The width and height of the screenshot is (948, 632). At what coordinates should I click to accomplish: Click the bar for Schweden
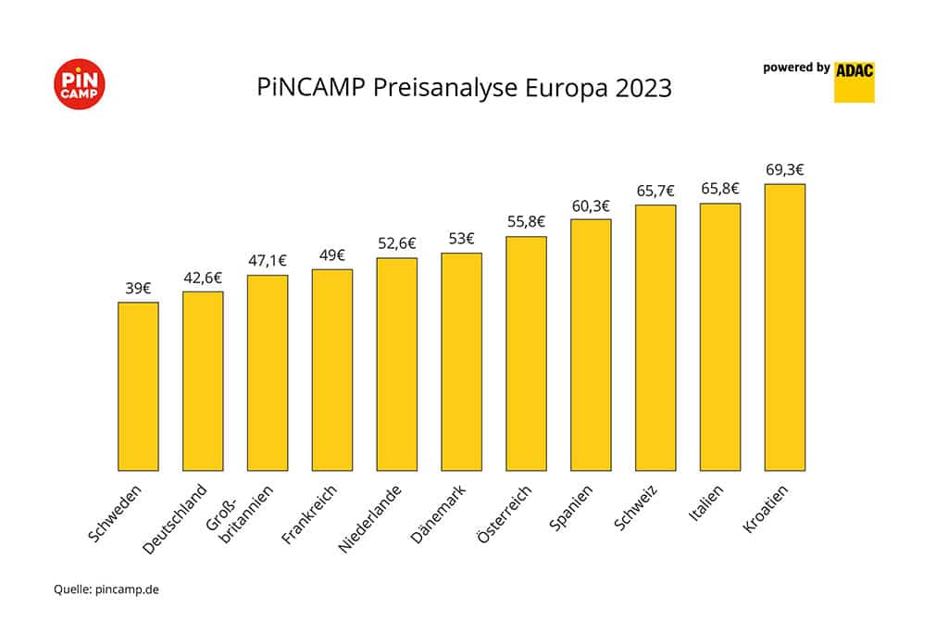coord(138,386)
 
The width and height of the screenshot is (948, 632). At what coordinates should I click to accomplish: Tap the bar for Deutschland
coord(203,380)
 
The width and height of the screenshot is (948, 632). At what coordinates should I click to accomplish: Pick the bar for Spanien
coord(591,344)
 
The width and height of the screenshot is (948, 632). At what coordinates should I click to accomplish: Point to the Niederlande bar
coord(396,364)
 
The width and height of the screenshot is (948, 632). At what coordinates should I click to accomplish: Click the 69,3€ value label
coord(784,169)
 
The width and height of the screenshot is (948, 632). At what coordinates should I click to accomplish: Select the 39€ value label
coord(138,288)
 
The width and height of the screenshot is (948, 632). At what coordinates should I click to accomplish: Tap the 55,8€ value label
coord(526,222)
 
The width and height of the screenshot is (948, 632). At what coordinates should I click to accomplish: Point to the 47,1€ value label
coord(268,260)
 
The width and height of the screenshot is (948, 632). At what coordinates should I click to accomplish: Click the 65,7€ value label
coord(655,191)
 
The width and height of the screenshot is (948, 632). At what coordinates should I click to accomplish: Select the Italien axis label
coord(705,506)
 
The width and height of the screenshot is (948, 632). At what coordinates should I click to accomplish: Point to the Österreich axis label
coord(505,515)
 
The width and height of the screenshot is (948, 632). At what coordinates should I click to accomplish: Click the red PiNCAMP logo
coord(80,84)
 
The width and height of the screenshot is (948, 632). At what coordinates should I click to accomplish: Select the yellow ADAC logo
coord(854,81)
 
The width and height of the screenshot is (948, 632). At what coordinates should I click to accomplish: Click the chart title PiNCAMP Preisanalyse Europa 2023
coord(464,90)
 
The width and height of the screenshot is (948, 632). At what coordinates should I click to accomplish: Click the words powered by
coord(795,68)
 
